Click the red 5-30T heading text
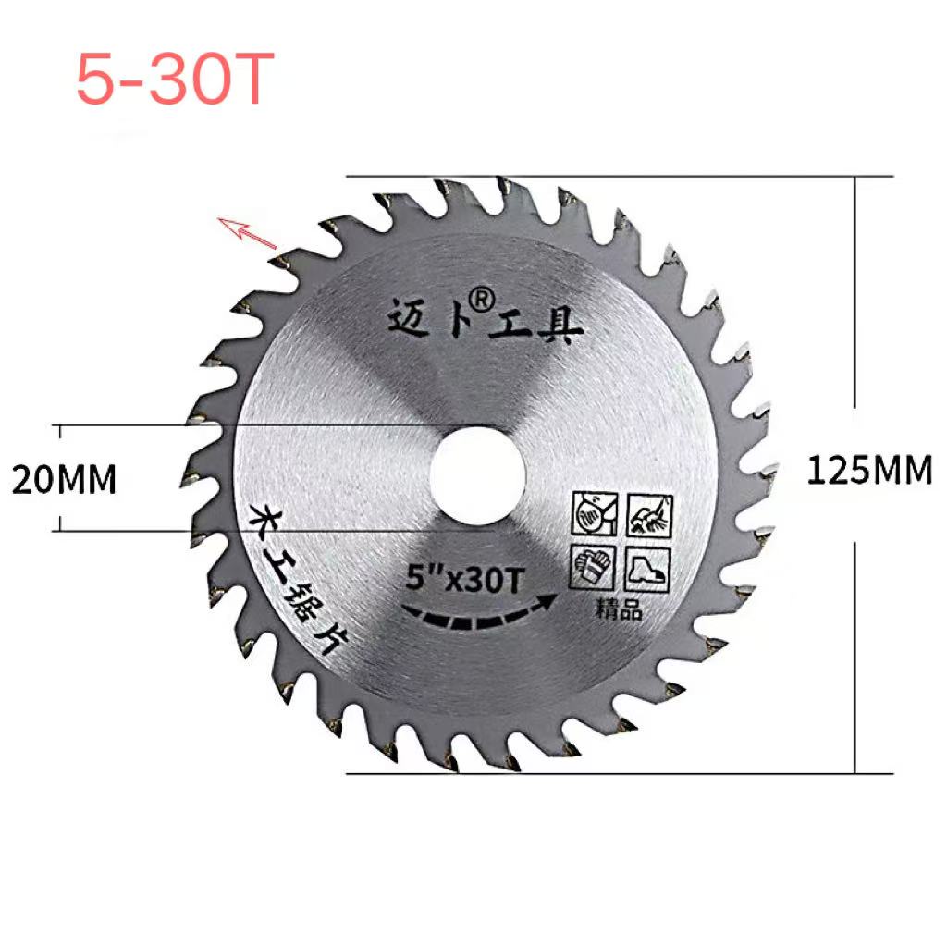point(175,80)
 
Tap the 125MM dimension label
point(869,472)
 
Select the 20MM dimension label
point(64,480)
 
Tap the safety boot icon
point(648,569)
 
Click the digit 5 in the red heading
point(96,80)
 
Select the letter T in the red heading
point(251,80)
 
